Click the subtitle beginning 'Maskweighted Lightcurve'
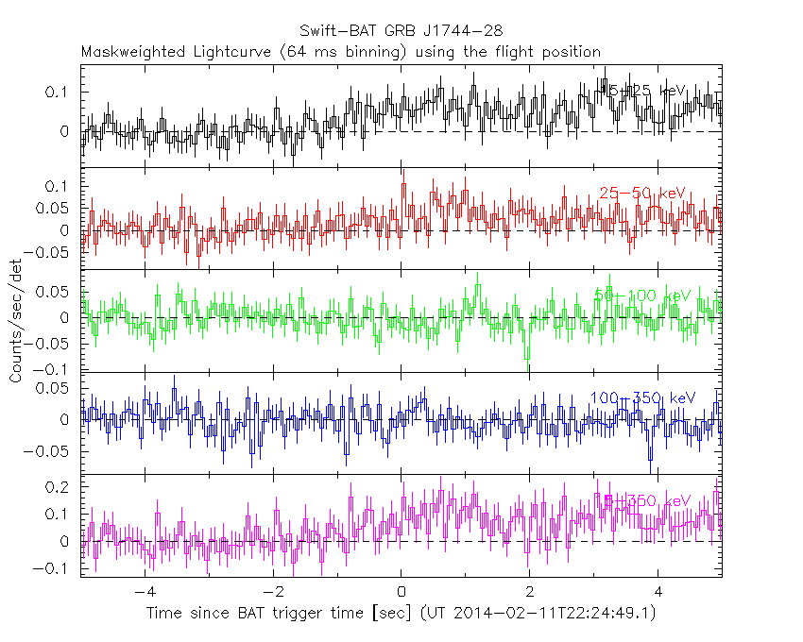(340, 51)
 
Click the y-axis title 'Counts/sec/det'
(16, 320)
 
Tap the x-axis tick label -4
(143, 595)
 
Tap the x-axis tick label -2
(271, 595)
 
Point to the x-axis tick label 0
(401, 595)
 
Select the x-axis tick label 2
(530, 595)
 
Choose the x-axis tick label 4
(658, 595)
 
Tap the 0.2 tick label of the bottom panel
(62, 487)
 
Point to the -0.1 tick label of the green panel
(54, 368)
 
